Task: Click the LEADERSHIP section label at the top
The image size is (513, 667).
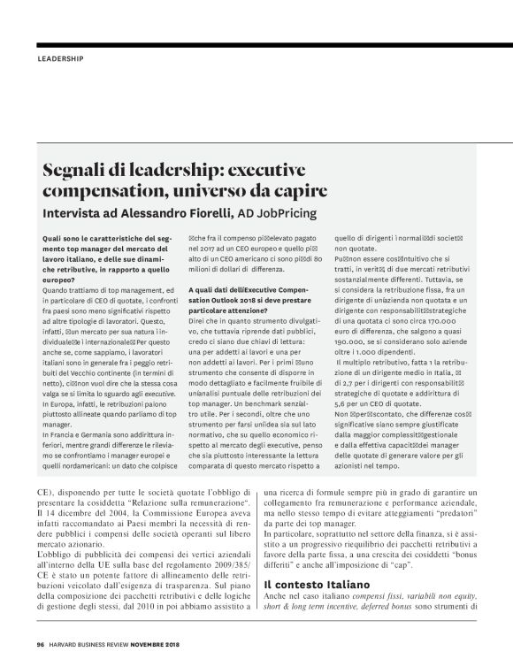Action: [x=61, y=60]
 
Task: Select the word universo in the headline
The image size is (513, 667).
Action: [x=226, y=191]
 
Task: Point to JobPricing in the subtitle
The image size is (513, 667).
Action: [x=282, y=212]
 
